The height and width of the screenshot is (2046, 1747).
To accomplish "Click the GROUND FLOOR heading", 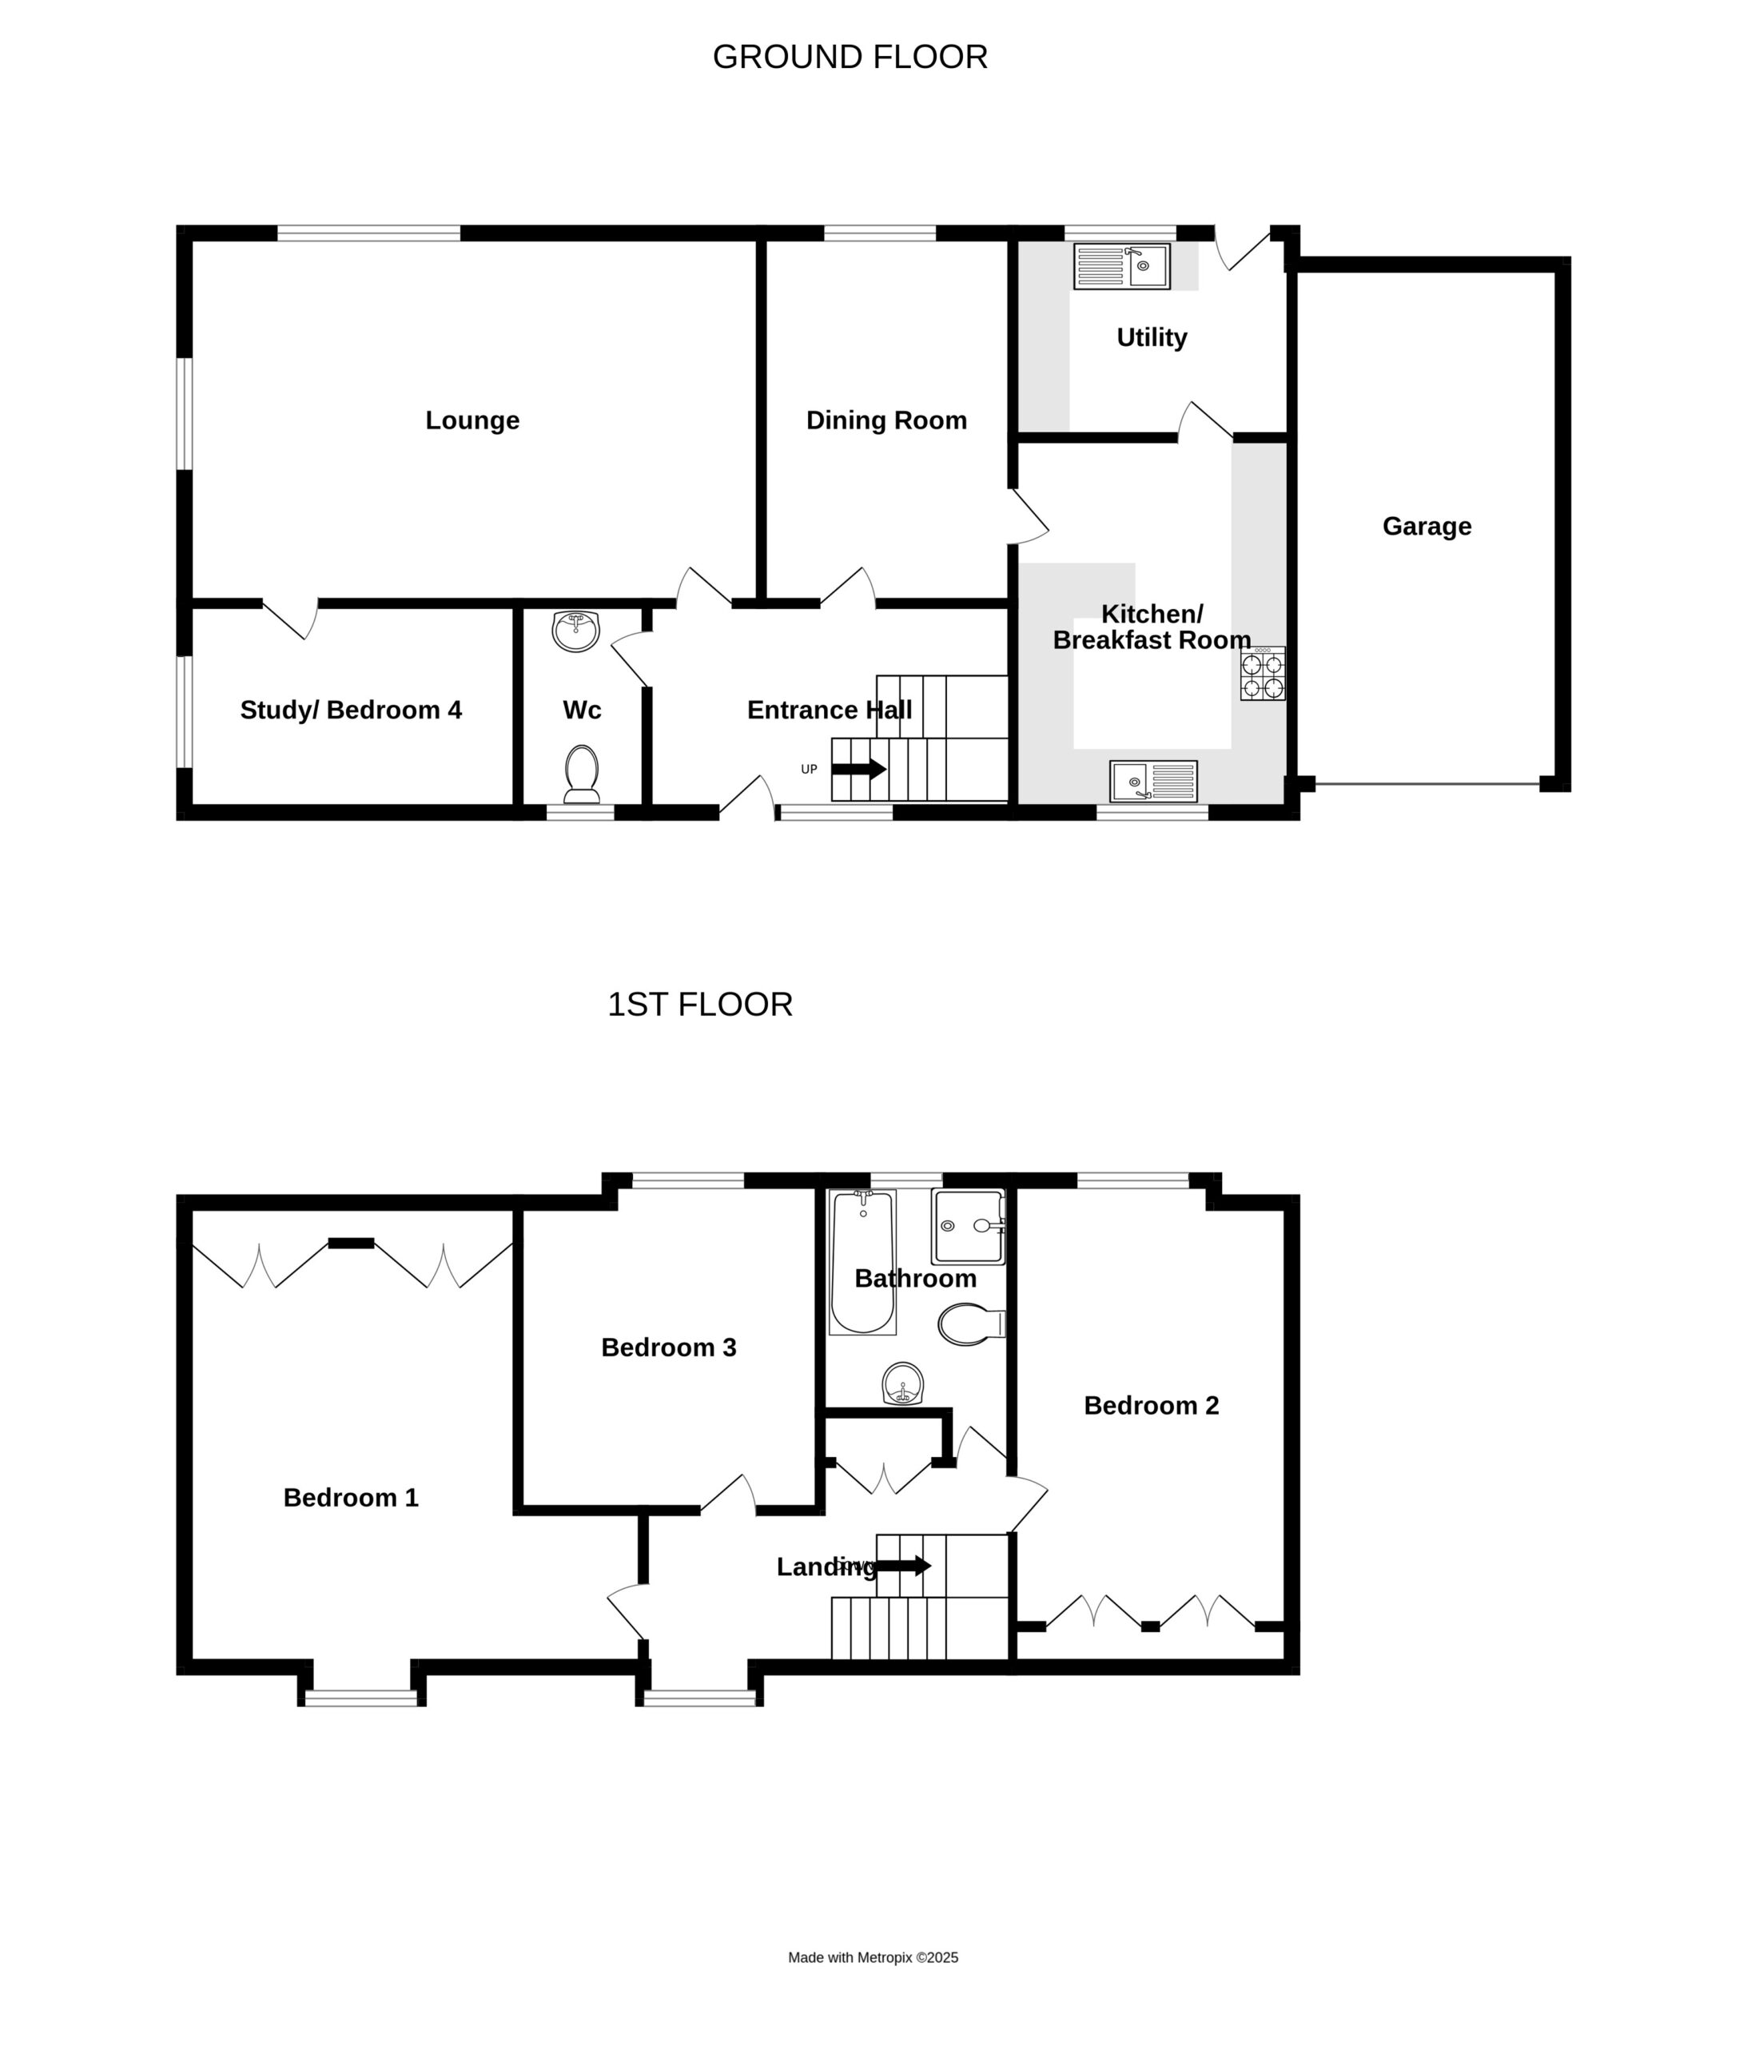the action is pyautogui.click(x=850, y=58).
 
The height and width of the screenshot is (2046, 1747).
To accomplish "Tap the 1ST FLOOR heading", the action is pyautogui.click(x=699, y=1005).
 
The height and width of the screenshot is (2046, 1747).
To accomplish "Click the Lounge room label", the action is pyautogui.click(x=472, y=420).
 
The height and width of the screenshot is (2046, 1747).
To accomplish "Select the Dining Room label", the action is pyautogui.click(x=885, y=420).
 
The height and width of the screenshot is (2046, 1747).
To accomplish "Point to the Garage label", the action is pyautogui.click(x=1426, y=527).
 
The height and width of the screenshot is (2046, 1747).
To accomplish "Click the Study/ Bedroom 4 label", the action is pyautogui.click(x=351, y=710).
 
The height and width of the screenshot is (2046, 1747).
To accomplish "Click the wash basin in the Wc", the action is pyautogui.click(x=575, y=631).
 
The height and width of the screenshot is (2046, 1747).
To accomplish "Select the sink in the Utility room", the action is pyautogui.click(x=1122, y=267).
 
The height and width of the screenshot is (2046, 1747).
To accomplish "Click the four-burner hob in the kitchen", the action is pyautogui.click(x=1263, y=674).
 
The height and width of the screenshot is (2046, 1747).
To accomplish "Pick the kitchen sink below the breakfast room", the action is pyautogui.click(x=1153, y=781).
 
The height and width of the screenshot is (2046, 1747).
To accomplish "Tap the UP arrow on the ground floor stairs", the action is pyautogui.click(x=859, y=768).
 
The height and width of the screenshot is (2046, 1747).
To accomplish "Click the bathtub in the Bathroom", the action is pyautogui.click(x=862, y=1263).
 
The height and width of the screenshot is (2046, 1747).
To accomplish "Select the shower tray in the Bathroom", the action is pyautogui.click(x=968, y=1227).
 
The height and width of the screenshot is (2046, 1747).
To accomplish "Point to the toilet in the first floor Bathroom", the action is pyautogui.click(x=971, y=1324).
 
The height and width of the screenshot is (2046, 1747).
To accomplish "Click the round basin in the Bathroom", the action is pyautogui.click(x=902, y=1383).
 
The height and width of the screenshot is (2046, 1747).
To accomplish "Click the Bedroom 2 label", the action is pyautogui.click(x=1152, y=1406).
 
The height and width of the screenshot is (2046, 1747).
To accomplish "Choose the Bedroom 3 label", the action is pyautogui.click(x=669, y=1347).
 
